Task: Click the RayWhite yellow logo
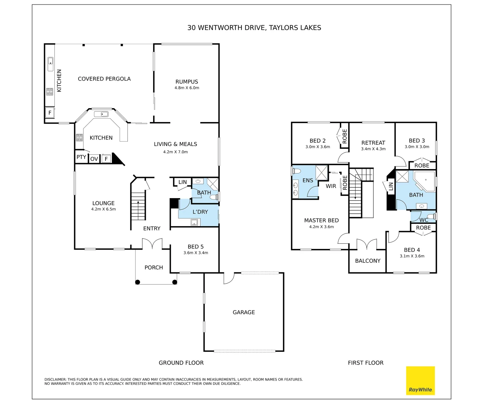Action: point(420,380)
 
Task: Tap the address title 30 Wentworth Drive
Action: point(254,28)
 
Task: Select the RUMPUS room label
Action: point(187,82)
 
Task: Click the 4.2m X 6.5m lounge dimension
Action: point(104,209)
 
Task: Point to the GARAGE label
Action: point(244,312)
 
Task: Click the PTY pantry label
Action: point(81,157)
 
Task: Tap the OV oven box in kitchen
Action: point(94,159)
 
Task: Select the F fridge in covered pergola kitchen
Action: point(50,112)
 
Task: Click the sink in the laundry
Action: point(194,222)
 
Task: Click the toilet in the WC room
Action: point(431,216)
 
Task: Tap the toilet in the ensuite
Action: point(296,171)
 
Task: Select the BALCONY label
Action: point(367,261)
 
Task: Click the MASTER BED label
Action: point(321,221)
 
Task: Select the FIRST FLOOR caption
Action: point(365,363)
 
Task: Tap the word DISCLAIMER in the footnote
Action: point(55,379)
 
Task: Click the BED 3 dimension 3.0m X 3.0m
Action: point(417,147)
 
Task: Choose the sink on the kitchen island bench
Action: point(101,114)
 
